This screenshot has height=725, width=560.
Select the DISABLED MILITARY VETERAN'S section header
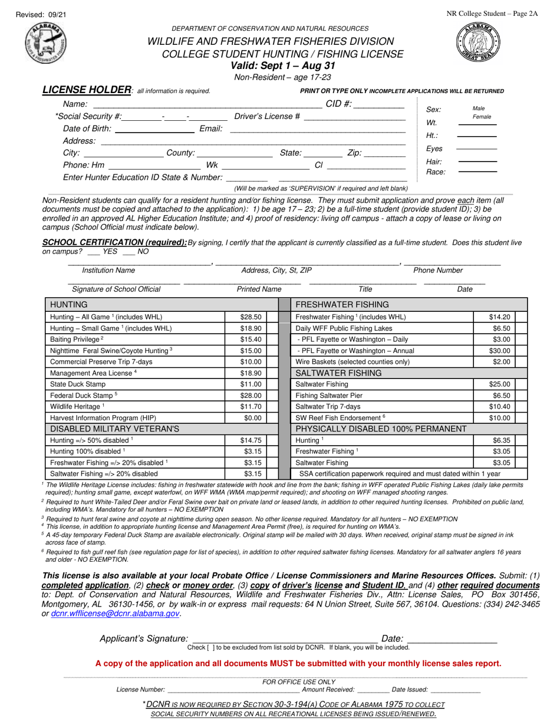pos(114,429)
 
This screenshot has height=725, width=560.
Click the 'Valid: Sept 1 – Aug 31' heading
pos(283,65)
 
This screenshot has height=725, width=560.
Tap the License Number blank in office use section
pos(233,690)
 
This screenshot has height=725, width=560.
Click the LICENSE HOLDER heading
pos(86,90)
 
